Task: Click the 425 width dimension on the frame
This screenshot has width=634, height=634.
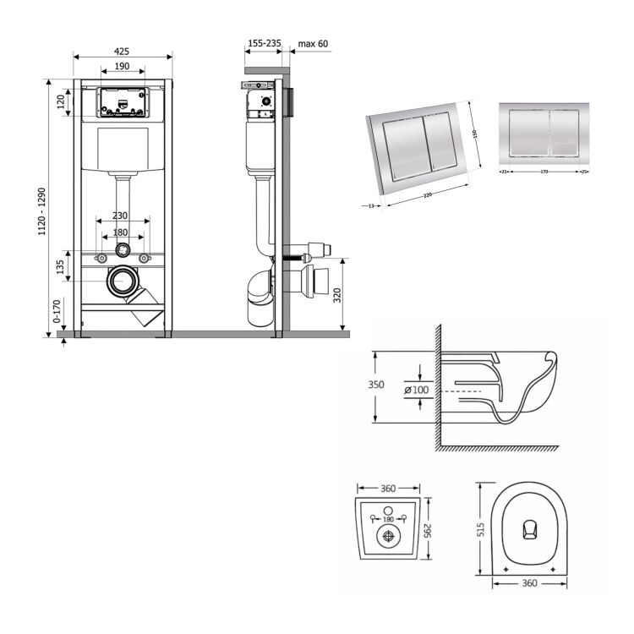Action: pyautogui.click(x=123, y=51)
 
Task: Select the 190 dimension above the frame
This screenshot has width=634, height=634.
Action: pyautogui.click(x=122, y=66)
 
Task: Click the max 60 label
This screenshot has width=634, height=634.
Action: pyautogui.click(x=314, y=43)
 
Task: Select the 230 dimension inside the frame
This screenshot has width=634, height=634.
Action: pyautogui.click(x=122, y=216)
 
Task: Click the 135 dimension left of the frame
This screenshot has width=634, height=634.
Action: pyautogui.click(x=60, y=266)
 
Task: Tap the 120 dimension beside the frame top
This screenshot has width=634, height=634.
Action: pyautogui.click(x=61, y=101)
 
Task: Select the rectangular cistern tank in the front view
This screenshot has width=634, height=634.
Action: pyautogui.click(x=123, y=150)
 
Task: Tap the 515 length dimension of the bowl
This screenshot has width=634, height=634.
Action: pyautogui.click(x=479, y=528)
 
